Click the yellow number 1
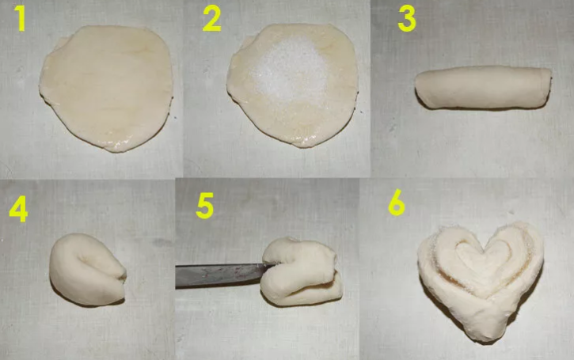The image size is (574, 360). click(x=20, y=20)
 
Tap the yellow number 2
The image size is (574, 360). click(x=212, y=20)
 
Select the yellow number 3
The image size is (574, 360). click(x=407, y=20)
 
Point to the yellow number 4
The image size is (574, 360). click(x=19, y=210)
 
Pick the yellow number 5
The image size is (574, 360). click(x=204, y=207)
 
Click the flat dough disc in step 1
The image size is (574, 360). click(x=106, y=88)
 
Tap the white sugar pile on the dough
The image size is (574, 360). click(x=289, y=70)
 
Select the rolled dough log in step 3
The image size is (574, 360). click(x=483, y=88)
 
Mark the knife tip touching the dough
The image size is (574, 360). click(x=275, y=265)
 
